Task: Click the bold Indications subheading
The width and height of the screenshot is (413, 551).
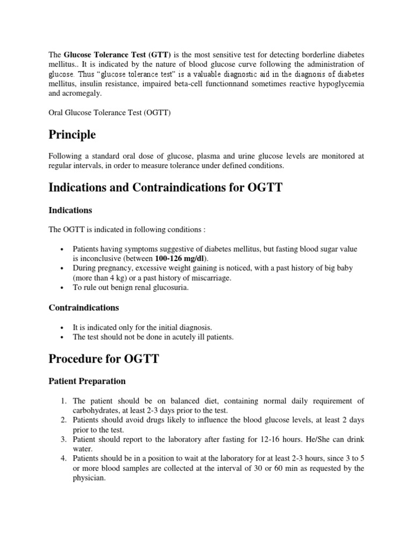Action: (x=70, y=210)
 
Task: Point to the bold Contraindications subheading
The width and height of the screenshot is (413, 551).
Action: (x=84, y=308)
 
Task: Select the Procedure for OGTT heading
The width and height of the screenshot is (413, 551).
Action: (x=104, y=358)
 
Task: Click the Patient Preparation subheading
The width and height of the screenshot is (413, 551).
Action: (x=87, y=381)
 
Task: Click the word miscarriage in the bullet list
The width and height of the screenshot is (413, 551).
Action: (x=208, y=277)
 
